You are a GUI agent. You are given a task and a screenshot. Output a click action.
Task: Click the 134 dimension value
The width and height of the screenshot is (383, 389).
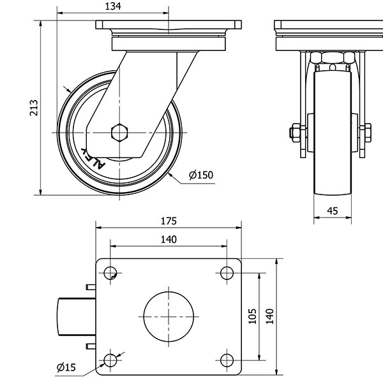click(x=114, y=6)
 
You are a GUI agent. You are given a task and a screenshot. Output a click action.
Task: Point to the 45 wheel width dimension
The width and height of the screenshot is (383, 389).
click(x=332, y=210)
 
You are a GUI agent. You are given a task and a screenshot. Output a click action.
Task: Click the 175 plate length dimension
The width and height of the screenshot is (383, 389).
click(x=169, y=221)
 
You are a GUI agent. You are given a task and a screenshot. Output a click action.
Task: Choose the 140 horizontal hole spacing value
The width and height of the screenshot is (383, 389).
click(x=169, y=239)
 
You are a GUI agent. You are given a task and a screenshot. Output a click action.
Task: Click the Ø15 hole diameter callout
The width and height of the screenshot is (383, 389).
click(x=66, y=367)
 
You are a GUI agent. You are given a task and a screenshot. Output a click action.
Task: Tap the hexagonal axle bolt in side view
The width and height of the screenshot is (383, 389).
click(x=119, y=133)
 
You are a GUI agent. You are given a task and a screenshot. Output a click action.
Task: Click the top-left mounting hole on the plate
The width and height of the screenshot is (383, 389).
click(x=111, y=273)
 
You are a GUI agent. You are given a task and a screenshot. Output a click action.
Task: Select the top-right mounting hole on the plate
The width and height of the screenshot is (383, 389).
click(x=227, y=273)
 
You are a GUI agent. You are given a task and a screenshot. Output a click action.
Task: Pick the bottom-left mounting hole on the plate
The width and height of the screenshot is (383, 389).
click(x=111, y=360)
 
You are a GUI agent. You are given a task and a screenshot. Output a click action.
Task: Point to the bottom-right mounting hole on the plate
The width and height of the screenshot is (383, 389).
click(x=227, y=360)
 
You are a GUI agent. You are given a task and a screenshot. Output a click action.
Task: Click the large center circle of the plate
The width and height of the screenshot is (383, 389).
click(x=169, y=316)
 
